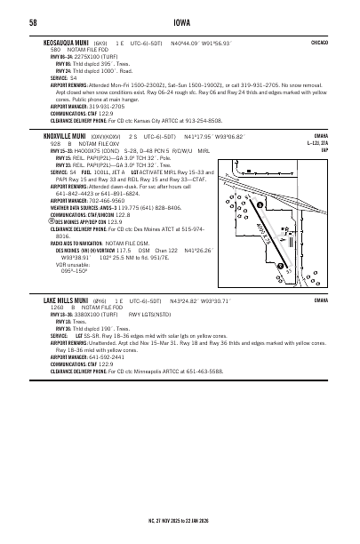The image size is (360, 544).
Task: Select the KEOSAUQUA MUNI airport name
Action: [x=68, y=42]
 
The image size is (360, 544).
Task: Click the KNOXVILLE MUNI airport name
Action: [x=68, y=136]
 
